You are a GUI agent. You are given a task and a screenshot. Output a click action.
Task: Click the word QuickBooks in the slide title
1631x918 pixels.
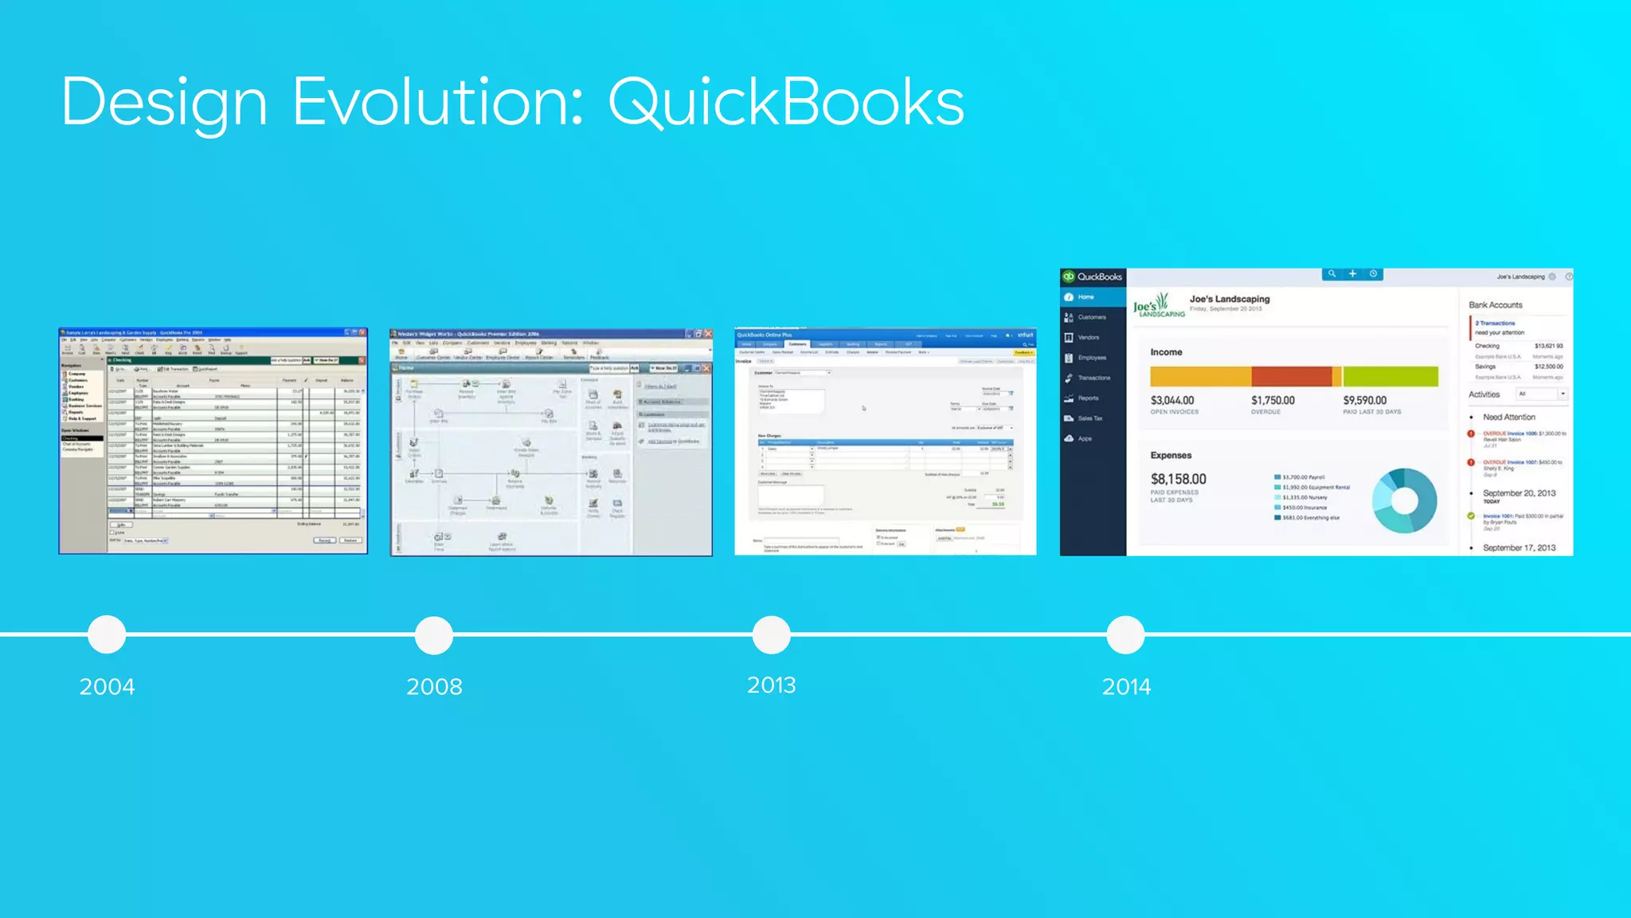tap(786, 103)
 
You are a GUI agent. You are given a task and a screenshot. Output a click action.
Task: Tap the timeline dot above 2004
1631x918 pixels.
tap(107, 634)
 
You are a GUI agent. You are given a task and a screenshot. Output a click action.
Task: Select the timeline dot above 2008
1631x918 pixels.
tap(434, 635)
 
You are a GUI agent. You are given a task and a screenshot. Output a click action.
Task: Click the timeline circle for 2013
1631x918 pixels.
tap(771, 634)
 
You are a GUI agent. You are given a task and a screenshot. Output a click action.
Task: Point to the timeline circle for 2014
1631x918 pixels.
tap(1125, 634)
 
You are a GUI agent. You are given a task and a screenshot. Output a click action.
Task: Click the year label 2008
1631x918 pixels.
tap(434, 686)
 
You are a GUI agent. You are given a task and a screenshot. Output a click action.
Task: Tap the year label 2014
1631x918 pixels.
tap(1126, 686)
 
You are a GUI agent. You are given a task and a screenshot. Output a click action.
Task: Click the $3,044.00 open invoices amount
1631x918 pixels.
tap(1171, 400)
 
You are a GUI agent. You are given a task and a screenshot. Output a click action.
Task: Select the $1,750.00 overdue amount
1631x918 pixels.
tap(1272, 400)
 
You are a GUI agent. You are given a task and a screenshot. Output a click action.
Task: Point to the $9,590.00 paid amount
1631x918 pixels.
tap(1364, 400)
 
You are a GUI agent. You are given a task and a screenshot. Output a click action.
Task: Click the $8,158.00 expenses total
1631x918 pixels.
tap(1178, 479)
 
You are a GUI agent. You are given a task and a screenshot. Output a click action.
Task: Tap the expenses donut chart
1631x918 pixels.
tap(1404, 500)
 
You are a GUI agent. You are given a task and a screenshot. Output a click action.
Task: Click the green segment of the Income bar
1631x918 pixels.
tap(1390, 376)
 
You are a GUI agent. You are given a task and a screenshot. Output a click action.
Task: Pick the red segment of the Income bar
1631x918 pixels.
tap(1291, 376)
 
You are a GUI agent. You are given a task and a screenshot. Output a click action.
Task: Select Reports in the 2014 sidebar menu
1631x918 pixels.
tap(1088, 398)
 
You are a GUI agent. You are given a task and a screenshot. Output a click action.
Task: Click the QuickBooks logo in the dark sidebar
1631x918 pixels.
tap(1092, 277)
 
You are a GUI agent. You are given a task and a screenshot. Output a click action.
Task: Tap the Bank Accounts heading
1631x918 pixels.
tap(1495, 305)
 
